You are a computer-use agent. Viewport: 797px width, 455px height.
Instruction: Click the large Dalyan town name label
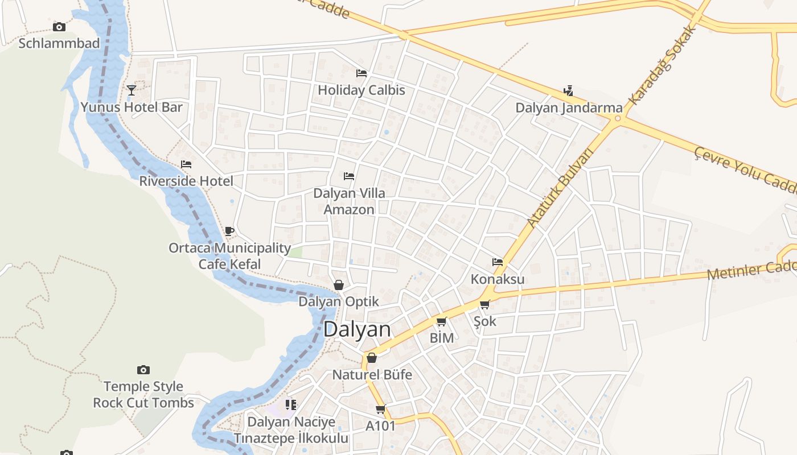357,330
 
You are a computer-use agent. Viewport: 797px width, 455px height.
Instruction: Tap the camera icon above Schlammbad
59,27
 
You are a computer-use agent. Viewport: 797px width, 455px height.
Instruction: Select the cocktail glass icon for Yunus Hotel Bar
132,90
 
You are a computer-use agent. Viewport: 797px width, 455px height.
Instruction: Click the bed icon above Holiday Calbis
361,73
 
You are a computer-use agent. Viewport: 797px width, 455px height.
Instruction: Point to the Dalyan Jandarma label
569,107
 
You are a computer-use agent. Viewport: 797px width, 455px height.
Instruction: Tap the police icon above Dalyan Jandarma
568,90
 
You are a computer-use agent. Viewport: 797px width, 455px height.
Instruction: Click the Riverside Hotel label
186,181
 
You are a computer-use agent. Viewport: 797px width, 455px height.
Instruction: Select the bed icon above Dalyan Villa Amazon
349,176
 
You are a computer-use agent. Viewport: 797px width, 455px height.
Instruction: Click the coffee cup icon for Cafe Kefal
229,231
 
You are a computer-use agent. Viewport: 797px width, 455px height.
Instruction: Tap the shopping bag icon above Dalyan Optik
339,285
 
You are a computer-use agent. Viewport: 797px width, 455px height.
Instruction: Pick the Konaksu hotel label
498,279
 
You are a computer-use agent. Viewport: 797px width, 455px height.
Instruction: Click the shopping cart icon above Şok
484,305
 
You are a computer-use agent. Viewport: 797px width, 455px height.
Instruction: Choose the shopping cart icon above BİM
441,322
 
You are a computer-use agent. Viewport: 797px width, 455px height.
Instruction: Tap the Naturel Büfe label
372,375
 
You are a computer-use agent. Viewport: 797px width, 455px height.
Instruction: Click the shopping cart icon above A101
380,409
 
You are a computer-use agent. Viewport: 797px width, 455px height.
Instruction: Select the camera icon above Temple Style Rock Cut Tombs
143,370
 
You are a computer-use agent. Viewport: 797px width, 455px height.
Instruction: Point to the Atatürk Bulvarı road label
560,187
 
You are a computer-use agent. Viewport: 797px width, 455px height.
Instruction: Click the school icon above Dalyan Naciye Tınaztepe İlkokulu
291,405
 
